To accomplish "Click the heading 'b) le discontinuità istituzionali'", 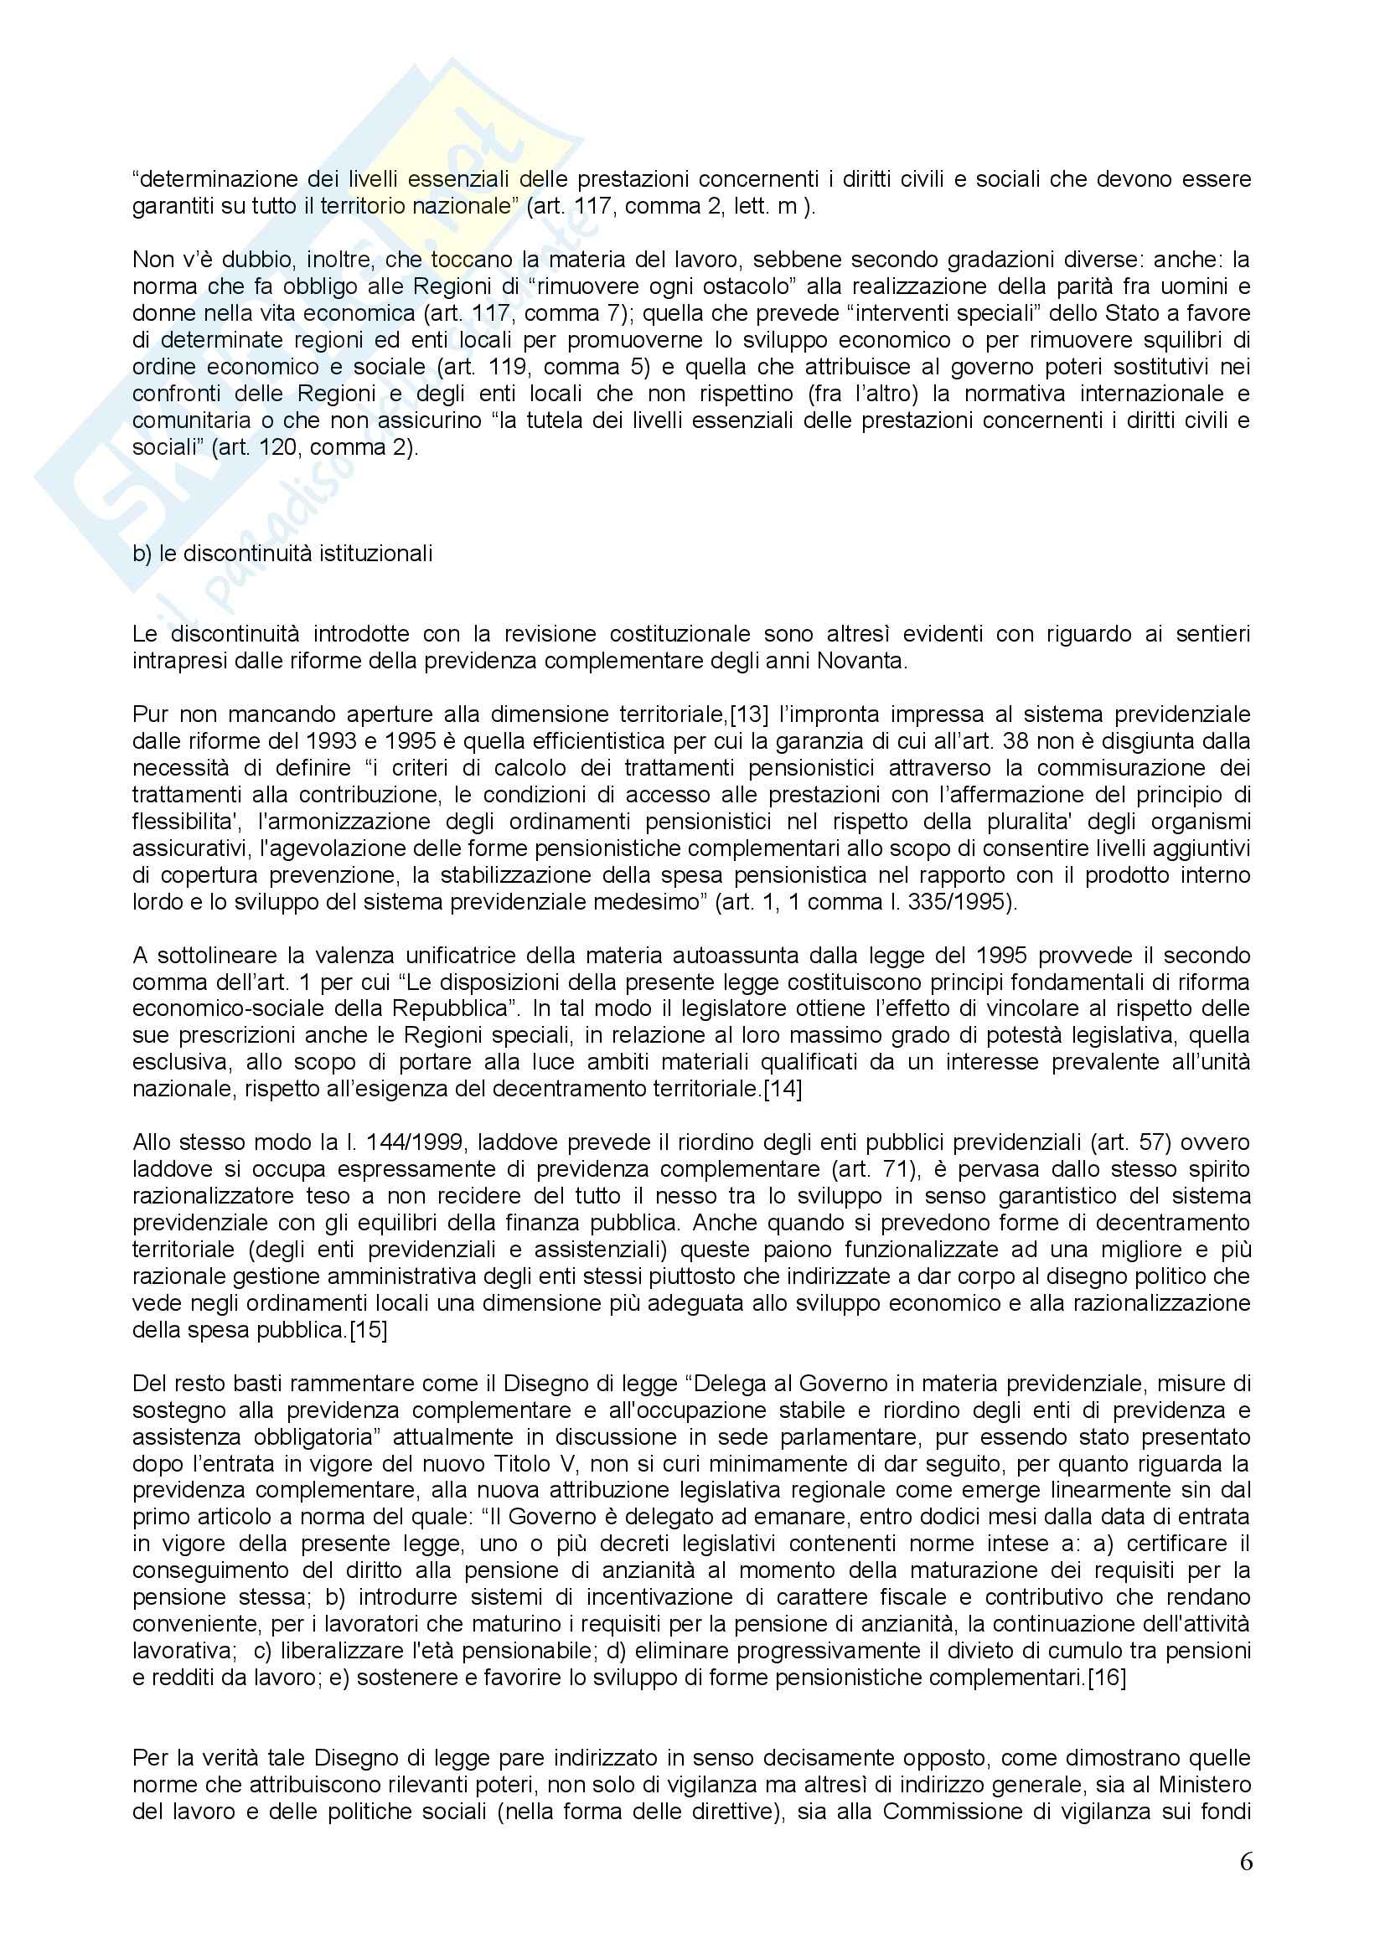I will point(282,554).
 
